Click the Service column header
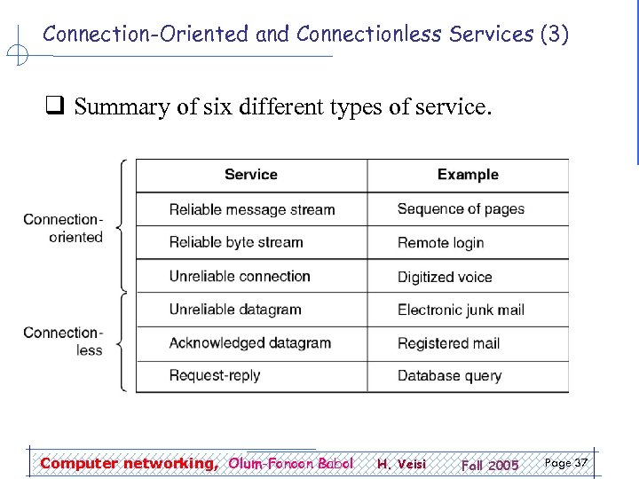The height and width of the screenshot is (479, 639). tap(251, 175)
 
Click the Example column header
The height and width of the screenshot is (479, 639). tap(468, 175)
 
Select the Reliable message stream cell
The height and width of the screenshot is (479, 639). tap(252, 210)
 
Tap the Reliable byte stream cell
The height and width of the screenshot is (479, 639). tap(236, 242)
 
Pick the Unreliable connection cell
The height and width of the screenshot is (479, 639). tap(240, 276)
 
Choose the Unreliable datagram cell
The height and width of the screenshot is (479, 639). tap(235, 310)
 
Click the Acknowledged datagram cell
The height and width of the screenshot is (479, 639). tap(250, 342)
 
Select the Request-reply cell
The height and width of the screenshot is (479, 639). tap(215, 375)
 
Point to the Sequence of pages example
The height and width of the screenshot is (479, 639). tap(461, 209)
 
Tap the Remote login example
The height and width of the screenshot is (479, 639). tap(440, 242)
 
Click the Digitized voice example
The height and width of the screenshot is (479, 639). tap(445, 277)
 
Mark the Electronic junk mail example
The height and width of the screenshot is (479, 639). tap(461, 310)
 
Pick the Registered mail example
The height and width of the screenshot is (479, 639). tap(448, 342)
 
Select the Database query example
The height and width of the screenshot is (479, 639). tap(449, 375)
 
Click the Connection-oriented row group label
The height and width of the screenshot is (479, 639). tap(63, 228)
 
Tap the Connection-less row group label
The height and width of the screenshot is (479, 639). tap(63, 342)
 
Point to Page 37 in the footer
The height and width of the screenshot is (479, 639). tap(565, 463)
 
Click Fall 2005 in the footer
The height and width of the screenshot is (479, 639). tap(489, 465)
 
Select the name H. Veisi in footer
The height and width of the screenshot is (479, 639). tap(401, 464)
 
